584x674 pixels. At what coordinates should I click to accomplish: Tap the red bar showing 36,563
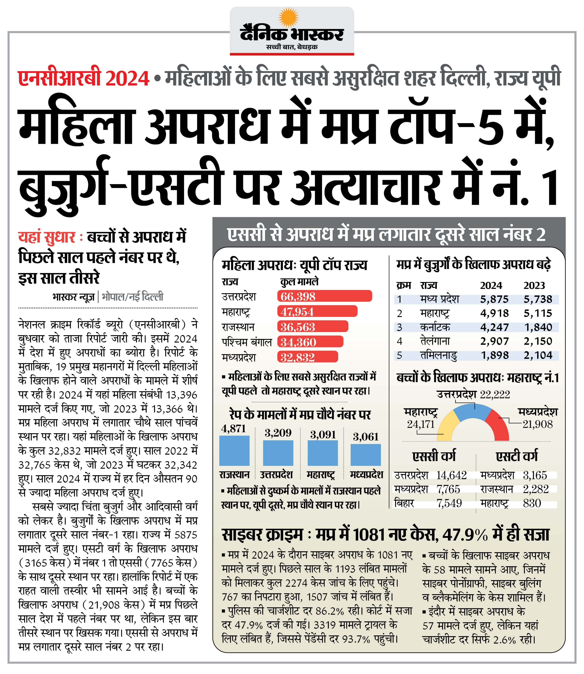click(x=313, y=327)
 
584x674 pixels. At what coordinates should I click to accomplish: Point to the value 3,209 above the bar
click(x=278, y=433)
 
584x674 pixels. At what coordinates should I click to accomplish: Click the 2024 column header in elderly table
click(x=491, y=285)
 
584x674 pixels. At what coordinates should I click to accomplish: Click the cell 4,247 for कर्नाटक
click(x=494, y=327)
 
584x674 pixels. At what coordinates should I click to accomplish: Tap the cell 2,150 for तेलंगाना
click(x=538, y=341)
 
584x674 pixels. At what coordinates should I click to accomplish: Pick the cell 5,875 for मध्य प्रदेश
click(x=494, y=299)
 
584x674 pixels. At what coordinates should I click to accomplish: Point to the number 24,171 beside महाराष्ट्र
click(x=421, y=424)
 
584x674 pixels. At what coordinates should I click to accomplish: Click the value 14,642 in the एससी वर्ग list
click(x=451, y=475)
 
